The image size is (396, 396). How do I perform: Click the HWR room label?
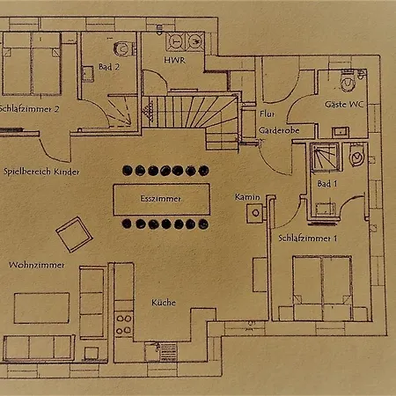[174, 60]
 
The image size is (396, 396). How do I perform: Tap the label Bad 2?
[109, 67]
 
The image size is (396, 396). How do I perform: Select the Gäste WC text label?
[344, 104]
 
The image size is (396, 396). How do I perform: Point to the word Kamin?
[247, 197]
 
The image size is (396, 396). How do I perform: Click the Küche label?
[164, 303]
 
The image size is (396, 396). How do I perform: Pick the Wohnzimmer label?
[37, 265]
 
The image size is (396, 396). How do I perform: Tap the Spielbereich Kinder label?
[41, 172]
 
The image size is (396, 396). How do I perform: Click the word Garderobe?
[279, 130]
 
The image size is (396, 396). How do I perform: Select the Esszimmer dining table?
[162, 200]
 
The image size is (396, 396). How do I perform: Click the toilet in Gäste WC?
[348, 80]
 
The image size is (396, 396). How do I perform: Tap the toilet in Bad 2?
[122, 48]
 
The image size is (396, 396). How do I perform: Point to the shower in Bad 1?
[325, 157]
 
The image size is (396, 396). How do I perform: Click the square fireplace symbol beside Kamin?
[255, 213]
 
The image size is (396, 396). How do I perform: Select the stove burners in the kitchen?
[124, 324]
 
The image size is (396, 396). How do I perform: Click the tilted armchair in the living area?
[75, 234]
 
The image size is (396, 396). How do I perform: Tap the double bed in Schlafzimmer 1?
[322, 288]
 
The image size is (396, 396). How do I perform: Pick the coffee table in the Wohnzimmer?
[41, 308]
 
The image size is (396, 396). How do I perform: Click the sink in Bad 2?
[87, 74]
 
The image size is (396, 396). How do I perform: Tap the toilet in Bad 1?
[356, 156]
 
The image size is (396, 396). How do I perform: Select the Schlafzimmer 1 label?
[307, 238]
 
